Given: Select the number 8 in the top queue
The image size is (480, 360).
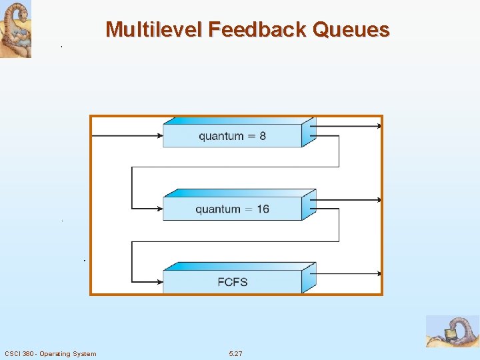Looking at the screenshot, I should [262, 136].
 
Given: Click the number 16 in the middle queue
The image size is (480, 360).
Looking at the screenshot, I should [262, 209].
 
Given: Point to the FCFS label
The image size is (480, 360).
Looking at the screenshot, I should [232, 282].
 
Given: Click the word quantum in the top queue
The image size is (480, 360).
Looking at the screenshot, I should [221, 137].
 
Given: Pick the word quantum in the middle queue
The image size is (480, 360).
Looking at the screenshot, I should [218, 210].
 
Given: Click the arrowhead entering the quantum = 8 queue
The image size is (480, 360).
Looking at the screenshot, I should [160, 136].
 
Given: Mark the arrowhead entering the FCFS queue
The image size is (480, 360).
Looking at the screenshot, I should [160, 282].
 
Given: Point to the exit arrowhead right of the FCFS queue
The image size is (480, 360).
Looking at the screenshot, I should [379, 273].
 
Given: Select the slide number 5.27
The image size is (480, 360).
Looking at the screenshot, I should [235, 353].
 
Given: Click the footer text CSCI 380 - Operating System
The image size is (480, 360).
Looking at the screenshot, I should [50, 353].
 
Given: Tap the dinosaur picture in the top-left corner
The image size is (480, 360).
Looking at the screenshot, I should [16, 29].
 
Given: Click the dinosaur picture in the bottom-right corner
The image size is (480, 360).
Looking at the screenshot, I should [453, 331].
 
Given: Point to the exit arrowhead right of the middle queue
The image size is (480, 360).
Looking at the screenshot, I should [379, 199].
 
